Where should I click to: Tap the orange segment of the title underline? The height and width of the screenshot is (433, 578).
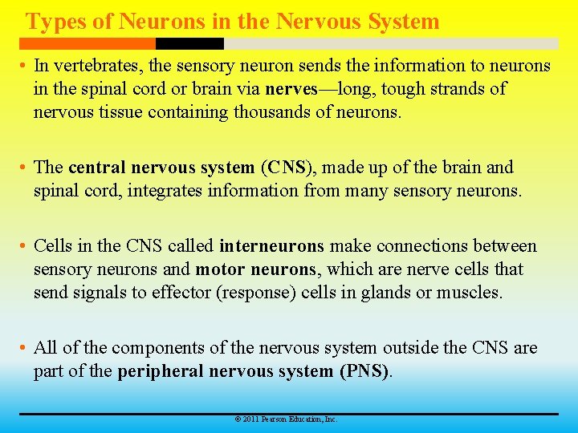88,43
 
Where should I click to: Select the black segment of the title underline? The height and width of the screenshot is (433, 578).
189,43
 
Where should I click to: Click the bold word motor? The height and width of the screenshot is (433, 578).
220,269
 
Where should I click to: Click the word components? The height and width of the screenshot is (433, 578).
161,348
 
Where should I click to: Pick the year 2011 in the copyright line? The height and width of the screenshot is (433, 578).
250,419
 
